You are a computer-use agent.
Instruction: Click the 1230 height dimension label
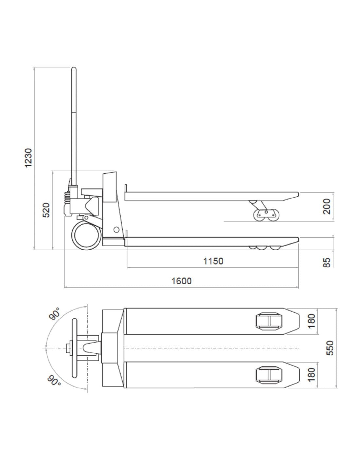(28, 158)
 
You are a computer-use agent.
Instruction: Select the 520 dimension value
(46, 210)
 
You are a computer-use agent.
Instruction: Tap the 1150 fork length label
(213, 261)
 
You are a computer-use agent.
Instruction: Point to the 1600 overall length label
(182, 281)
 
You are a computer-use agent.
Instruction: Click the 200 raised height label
(327, 206)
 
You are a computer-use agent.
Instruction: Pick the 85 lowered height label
(327, 263)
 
